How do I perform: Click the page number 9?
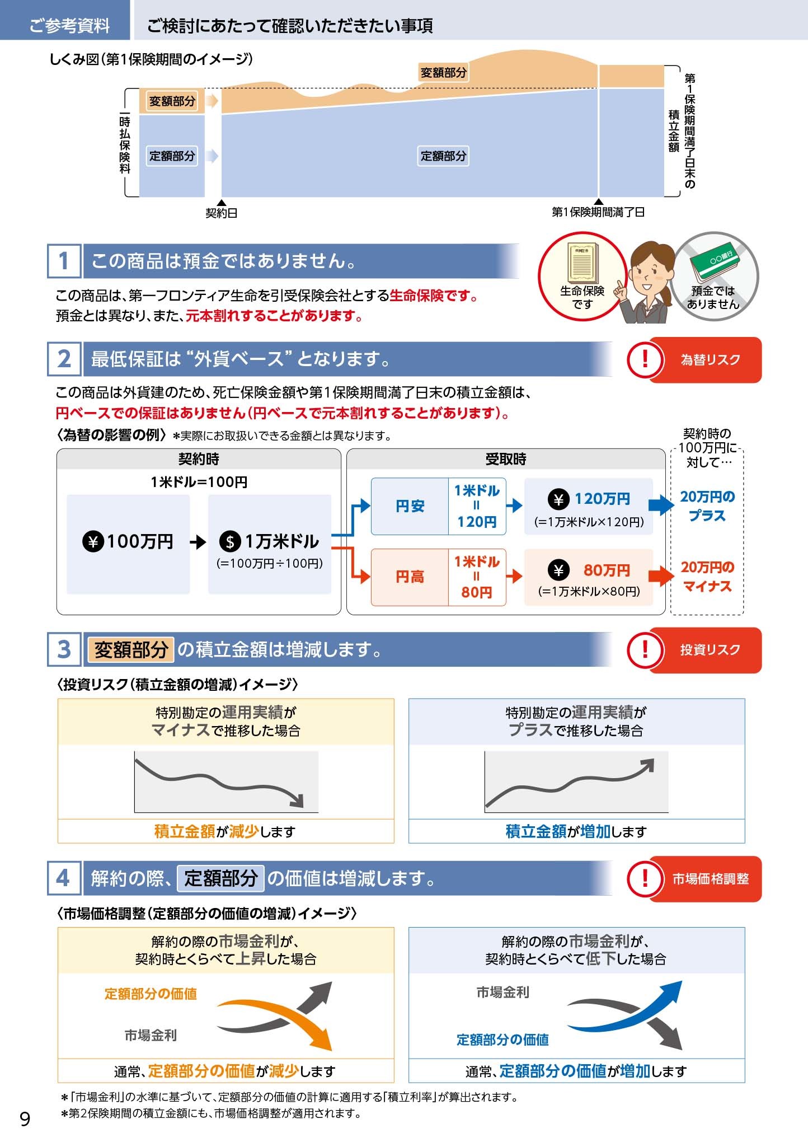pos(25,1118)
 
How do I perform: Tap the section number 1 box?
pos(64,261)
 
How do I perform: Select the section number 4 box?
pos(64,878)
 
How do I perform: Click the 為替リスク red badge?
pos(694,359)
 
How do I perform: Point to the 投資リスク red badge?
pos(694,649)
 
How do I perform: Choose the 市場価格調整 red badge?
pos(694,879)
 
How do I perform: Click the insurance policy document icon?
pos(582,263)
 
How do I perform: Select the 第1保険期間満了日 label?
pos(598,212)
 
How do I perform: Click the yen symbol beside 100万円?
pos(93,542)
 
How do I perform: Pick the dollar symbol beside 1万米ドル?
pos(229,542)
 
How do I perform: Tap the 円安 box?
pos(410,506)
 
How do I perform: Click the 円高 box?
pos(410,577)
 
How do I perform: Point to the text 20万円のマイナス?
pos(707,577)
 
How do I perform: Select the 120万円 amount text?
pos(602,499)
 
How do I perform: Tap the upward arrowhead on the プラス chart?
pos(647,765)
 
